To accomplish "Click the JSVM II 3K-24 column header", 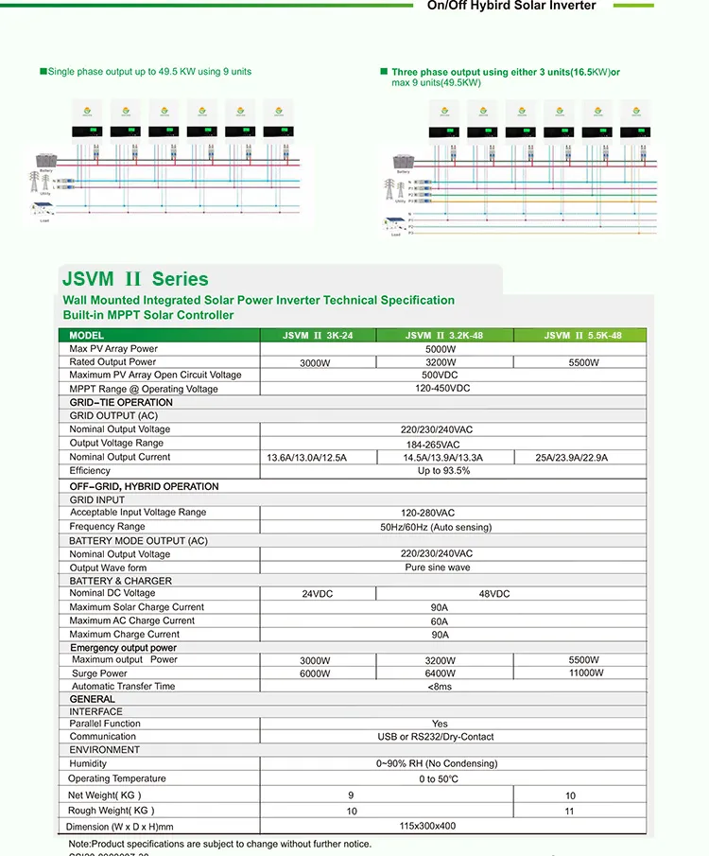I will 318,336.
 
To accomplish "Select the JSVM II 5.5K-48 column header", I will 582,336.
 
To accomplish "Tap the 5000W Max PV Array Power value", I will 441,349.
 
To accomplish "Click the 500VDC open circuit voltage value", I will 441,376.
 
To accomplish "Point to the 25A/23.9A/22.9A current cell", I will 573,458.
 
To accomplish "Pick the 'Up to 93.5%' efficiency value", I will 443,471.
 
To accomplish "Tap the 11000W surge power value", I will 586,673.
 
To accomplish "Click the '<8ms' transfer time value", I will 440,687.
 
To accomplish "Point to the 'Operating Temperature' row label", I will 116,779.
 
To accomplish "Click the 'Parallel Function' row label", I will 105,724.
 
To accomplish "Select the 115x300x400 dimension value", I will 427,826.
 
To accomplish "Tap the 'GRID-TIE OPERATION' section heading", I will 121,403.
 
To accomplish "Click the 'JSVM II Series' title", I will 135,279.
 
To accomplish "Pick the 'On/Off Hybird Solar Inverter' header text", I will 511,6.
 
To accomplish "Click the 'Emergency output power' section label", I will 123,648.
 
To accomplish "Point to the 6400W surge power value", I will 441,674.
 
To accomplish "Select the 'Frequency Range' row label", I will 107,527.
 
